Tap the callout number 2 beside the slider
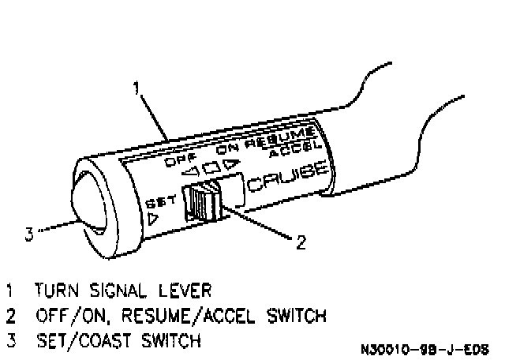300,242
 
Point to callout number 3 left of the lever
28,233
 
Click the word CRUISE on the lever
287,176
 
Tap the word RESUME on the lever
281,136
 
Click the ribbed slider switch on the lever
201,202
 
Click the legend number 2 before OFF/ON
10,316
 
